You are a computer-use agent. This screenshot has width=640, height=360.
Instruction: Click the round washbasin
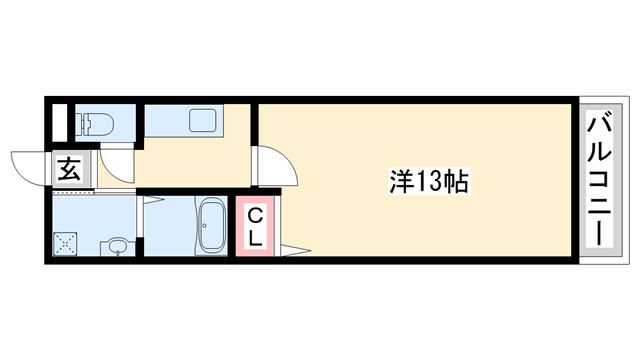117,246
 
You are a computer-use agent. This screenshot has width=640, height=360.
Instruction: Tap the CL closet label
255,227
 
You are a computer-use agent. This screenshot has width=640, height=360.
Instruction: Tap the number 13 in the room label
428,182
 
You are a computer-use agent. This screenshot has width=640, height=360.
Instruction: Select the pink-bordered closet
255,227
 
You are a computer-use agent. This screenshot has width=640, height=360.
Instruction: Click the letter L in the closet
255,239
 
